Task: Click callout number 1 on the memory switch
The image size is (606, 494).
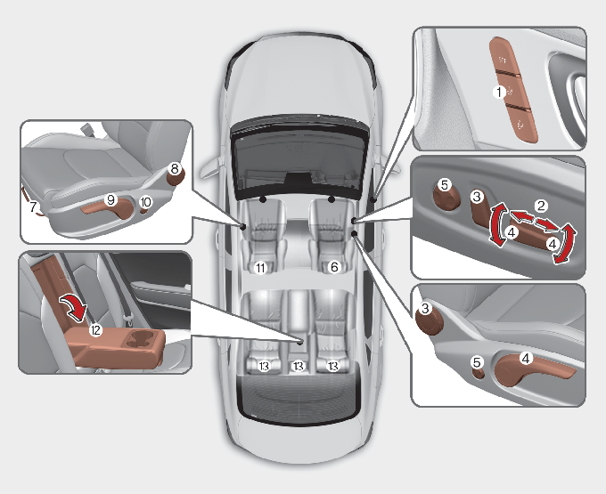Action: pos(499,92)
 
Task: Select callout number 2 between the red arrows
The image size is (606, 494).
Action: pos(540,205)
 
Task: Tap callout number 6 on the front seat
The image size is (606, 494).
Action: pos(334,266)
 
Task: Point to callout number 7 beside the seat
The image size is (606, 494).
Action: pos(34,207)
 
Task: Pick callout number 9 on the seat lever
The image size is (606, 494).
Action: pos(111,200)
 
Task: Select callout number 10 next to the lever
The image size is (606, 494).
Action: pos(145,202)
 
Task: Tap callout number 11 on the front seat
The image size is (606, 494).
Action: pos(260,266)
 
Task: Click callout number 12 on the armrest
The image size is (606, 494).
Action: pos(95,328)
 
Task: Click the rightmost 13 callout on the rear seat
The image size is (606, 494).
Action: pos(332,366)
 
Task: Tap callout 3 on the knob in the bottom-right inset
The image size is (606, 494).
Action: pos(426,308)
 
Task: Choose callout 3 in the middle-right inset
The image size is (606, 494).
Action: pos(477,196)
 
